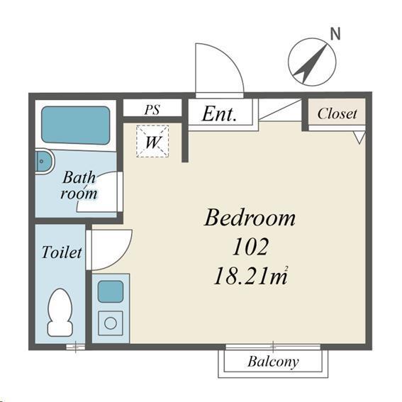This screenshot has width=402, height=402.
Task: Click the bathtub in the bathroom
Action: pos(76,125)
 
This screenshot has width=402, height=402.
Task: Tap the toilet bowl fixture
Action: pos(60,312)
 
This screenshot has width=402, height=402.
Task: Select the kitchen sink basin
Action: pos(111,291)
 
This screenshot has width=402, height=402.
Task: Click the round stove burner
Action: pos(111,323)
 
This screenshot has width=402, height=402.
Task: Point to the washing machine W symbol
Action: pos(152,141)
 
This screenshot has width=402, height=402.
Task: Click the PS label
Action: pos(152,109)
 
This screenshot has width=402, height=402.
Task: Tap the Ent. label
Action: pos(219,114)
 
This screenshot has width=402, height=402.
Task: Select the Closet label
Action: pos(337,113)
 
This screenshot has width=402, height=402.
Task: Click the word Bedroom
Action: pos(250,218)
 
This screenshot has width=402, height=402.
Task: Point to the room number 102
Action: pos(250,247)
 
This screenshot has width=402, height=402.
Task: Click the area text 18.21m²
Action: pos(251,276)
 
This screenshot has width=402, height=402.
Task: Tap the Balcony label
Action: pos(273,362)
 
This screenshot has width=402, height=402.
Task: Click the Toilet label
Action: pos(62,252)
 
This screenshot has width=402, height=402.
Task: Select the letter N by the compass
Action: pos(335,33)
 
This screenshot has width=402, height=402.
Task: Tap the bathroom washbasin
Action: pos(44,162)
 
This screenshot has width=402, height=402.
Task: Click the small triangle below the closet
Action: pos(359,138)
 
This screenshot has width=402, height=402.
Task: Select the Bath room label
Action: pos(79,185)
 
